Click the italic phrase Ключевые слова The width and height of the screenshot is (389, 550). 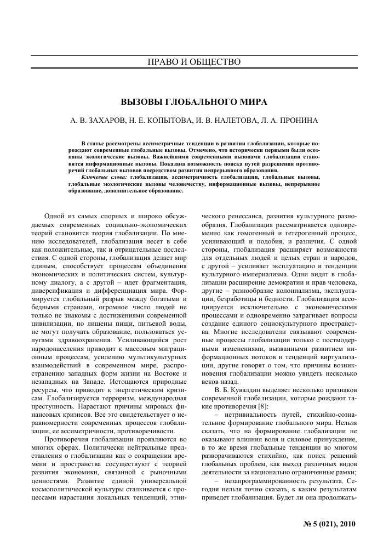[104, 177]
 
